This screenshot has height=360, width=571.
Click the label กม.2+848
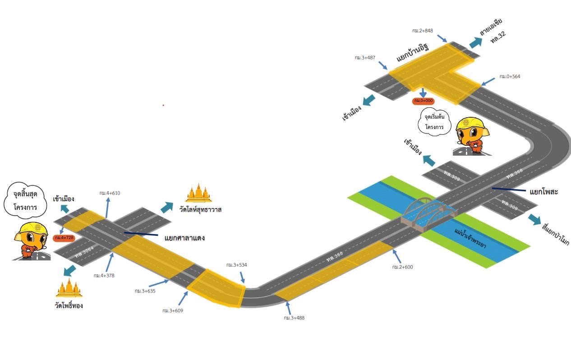tap(422, 31)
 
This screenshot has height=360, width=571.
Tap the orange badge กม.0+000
tap(423, 101)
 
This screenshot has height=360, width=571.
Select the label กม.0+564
tap(510, 76)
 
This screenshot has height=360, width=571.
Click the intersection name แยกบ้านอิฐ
tap(412, 53)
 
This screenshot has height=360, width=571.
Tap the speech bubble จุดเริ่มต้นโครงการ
tap(437, 121)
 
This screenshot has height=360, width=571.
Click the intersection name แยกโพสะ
tap(544, 192)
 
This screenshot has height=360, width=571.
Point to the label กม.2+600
tap(402, 267)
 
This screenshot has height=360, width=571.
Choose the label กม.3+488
tap(294, 318)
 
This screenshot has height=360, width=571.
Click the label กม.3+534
tap(236, 265)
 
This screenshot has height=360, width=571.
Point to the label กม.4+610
tap(110, 193)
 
